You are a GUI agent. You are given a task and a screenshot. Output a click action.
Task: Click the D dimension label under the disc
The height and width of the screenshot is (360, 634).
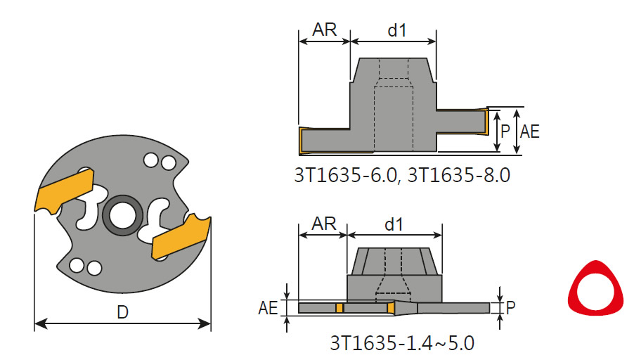(122, 313)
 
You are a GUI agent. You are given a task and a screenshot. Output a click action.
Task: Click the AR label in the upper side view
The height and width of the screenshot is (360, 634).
(324, 30)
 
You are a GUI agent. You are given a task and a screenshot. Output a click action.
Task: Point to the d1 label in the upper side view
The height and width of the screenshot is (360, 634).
(397, 30)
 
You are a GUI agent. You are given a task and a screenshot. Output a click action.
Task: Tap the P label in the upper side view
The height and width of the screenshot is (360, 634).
(505, 130)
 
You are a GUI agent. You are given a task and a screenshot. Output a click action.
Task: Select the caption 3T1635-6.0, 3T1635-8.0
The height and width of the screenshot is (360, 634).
(401, 176)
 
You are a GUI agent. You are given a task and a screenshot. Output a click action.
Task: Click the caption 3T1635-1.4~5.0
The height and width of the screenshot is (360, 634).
(402, 344)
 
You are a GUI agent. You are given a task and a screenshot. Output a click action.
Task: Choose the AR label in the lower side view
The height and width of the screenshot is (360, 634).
(324, 224)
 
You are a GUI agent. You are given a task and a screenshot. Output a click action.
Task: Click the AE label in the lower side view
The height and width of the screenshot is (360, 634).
(267, 307)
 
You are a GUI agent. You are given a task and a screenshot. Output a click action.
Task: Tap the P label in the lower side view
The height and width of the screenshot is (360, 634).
(510, 307)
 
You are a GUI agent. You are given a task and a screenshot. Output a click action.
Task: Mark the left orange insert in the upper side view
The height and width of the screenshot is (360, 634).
(301, 141)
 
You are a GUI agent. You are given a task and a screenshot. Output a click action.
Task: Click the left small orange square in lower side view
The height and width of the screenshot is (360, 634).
(339, 308)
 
